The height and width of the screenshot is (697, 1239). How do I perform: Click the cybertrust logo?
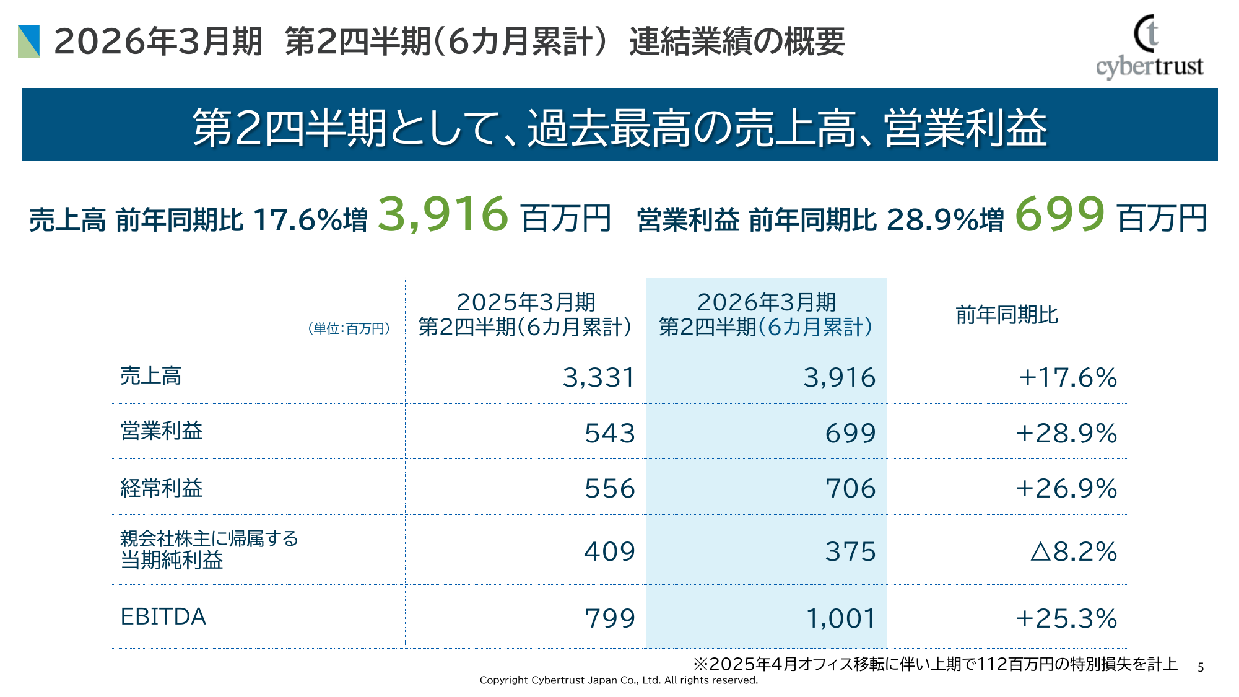1149,47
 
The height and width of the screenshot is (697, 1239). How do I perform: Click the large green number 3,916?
443,214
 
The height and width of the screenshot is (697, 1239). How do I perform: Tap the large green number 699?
1059,214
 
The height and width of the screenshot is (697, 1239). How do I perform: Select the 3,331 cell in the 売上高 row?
598,377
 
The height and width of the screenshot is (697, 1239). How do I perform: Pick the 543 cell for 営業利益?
609,433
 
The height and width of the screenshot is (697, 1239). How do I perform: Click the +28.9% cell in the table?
1066,433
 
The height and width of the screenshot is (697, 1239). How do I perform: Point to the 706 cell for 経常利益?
850,488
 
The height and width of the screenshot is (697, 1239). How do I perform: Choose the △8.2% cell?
1073,551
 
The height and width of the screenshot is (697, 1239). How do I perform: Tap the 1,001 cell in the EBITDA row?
840,618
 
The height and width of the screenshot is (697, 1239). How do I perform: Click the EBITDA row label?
163,617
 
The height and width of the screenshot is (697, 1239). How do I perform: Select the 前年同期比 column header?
1007,315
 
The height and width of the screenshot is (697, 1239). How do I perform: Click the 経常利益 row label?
161,488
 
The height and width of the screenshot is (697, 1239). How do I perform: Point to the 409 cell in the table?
609,551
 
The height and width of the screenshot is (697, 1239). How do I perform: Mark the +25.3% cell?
1066,618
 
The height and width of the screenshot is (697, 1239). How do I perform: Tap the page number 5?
1201,667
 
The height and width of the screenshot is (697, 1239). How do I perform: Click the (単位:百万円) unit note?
349,328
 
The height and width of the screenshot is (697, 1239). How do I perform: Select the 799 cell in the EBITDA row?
609,618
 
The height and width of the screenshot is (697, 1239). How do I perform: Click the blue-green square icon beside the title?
29,42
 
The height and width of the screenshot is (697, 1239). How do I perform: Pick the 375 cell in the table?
850,551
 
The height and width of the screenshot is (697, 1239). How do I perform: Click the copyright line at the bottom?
619,680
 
